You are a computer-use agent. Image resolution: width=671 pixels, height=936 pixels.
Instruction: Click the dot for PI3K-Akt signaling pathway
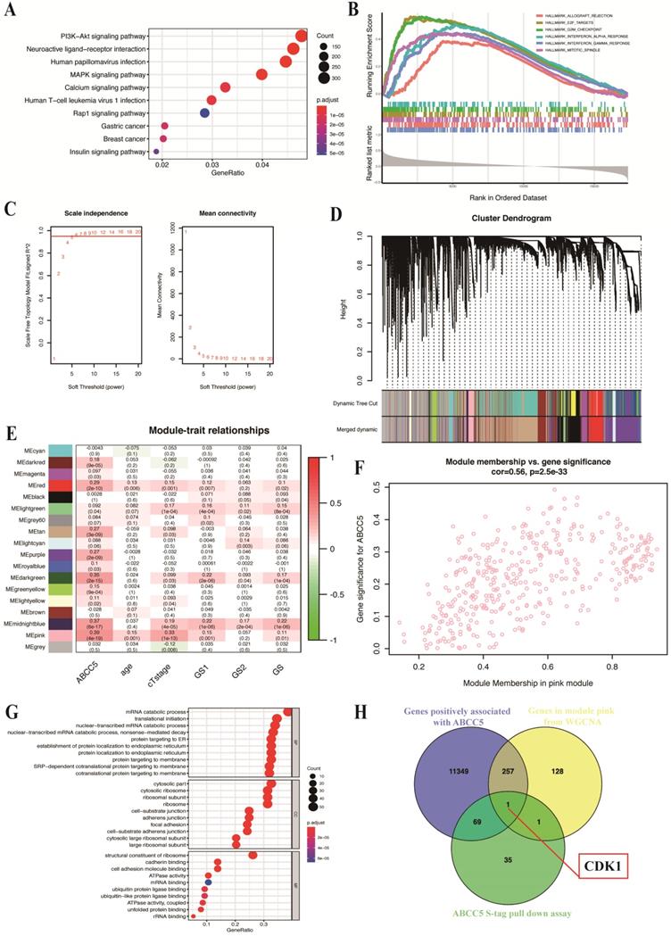(302, 35)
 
